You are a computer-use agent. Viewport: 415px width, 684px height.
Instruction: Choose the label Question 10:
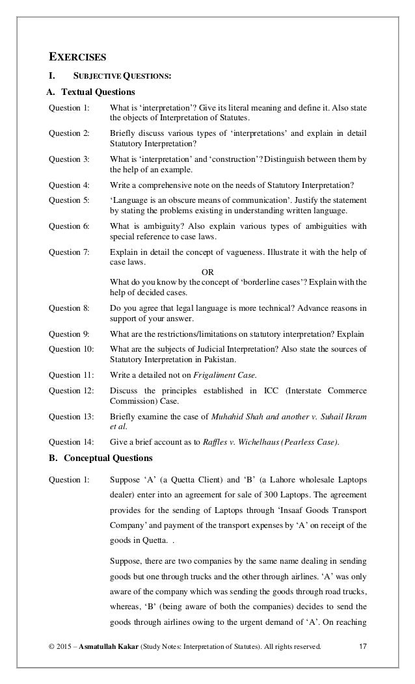72,349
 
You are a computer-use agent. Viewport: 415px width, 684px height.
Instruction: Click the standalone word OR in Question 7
207,271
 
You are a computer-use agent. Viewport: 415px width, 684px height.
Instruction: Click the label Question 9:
70,334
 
